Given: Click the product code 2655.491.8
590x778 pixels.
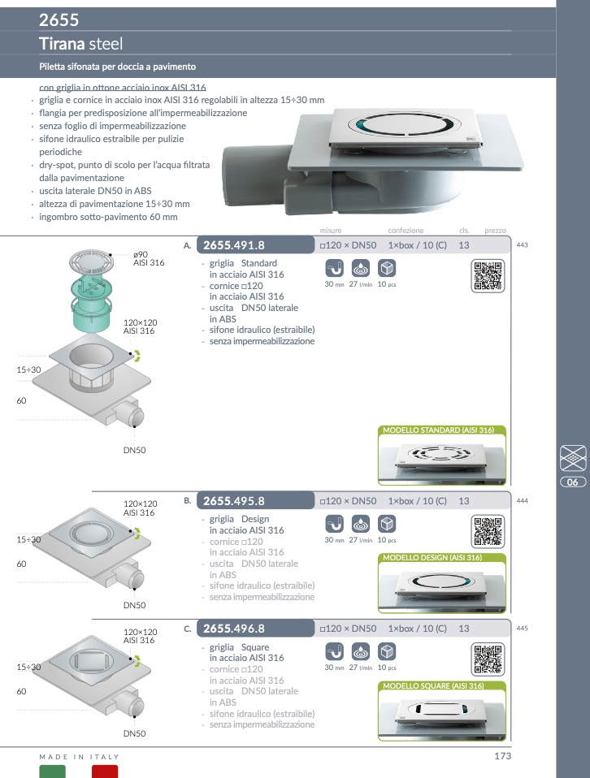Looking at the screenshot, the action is (234, 245).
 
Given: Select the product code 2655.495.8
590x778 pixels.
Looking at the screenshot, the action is (234, 501).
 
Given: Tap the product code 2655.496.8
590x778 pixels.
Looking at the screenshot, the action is (234, 629).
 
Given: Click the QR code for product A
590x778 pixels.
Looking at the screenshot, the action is (488, 276).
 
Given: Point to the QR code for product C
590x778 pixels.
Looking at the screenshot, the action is (488, 659).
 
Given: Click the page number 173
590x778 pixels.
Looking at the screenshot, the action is (502, 756).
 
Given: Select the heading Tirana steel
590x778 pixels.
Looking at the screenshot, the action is (81, 44).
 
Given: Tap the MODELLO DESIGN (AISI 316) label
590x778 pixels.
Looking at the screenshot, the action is (432, 558).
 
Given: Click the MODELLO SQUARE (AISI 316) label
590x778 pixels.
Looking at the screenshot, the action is (433, 685).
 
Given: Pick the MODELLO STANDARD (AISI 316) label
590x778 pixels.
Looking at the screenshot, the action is (439, 430).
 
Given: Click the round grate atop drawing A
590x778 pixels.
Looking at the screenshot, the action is (91, 260).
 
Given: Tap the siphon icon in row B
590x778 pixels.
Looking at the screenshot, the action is (334, 524).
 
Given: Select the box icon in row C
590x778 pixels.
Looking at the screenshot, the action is (387, 651).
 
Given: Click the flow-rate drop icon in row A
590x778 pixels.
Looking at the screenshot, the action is (361, 269).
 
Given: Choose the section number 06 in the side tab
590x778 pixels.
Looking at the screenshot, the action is (573, 482).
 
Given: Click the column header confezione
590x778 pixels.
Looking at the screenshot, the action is (406, 230).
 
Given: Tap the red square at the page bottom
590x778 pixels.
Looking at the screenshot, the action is (105, 772).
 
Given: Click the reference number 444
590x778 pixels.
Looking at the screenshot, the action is (522, 500).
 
